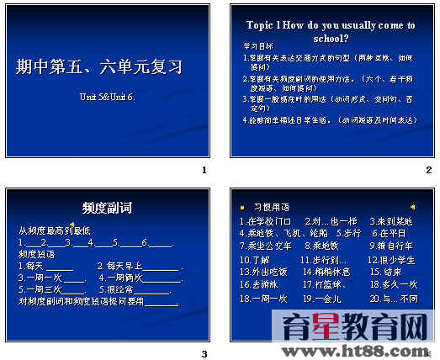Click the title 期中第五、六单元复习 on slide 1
pos(99,66)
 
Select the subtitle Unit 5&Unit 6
pos(107,97)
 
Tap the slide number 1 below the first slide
pos(204,171)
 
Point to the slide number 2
pos(428,171)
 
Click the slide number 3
pos(204,353)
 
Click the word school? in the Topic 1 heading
pos(331,38)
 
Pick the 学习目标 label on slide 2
pos(257,48)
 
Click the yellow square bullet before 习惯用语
pos(242,206)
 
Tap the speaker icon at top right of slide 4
pos(412,206)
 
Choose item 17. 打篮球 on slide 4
pos(325,285)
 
